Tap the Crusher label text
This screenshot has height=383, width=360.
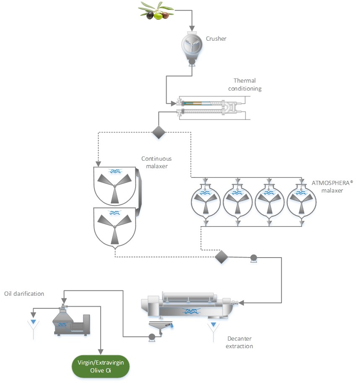point(216,39)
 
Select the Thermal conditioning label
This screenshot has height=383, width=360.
point(248,84)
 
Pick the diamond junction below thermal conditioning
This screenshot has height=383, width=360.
point(159,132)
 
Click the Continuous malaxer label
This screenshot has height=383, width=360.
point(157,162)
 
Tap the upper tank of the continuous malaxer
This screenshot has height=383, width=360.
point(114,184)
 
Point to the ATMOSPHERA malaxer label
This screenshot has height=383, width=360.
point(327,186)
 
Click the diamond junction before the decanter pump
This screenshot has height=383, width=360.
point(221,256)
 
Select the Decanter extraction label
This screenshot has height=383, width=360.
point(240,342)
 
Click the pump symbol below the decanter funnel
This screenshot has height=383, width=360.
point(151,336)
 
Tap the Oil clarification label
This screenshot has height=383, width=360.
point(24,294)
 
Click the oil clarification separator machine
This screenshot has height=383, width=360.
point(71,321)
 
